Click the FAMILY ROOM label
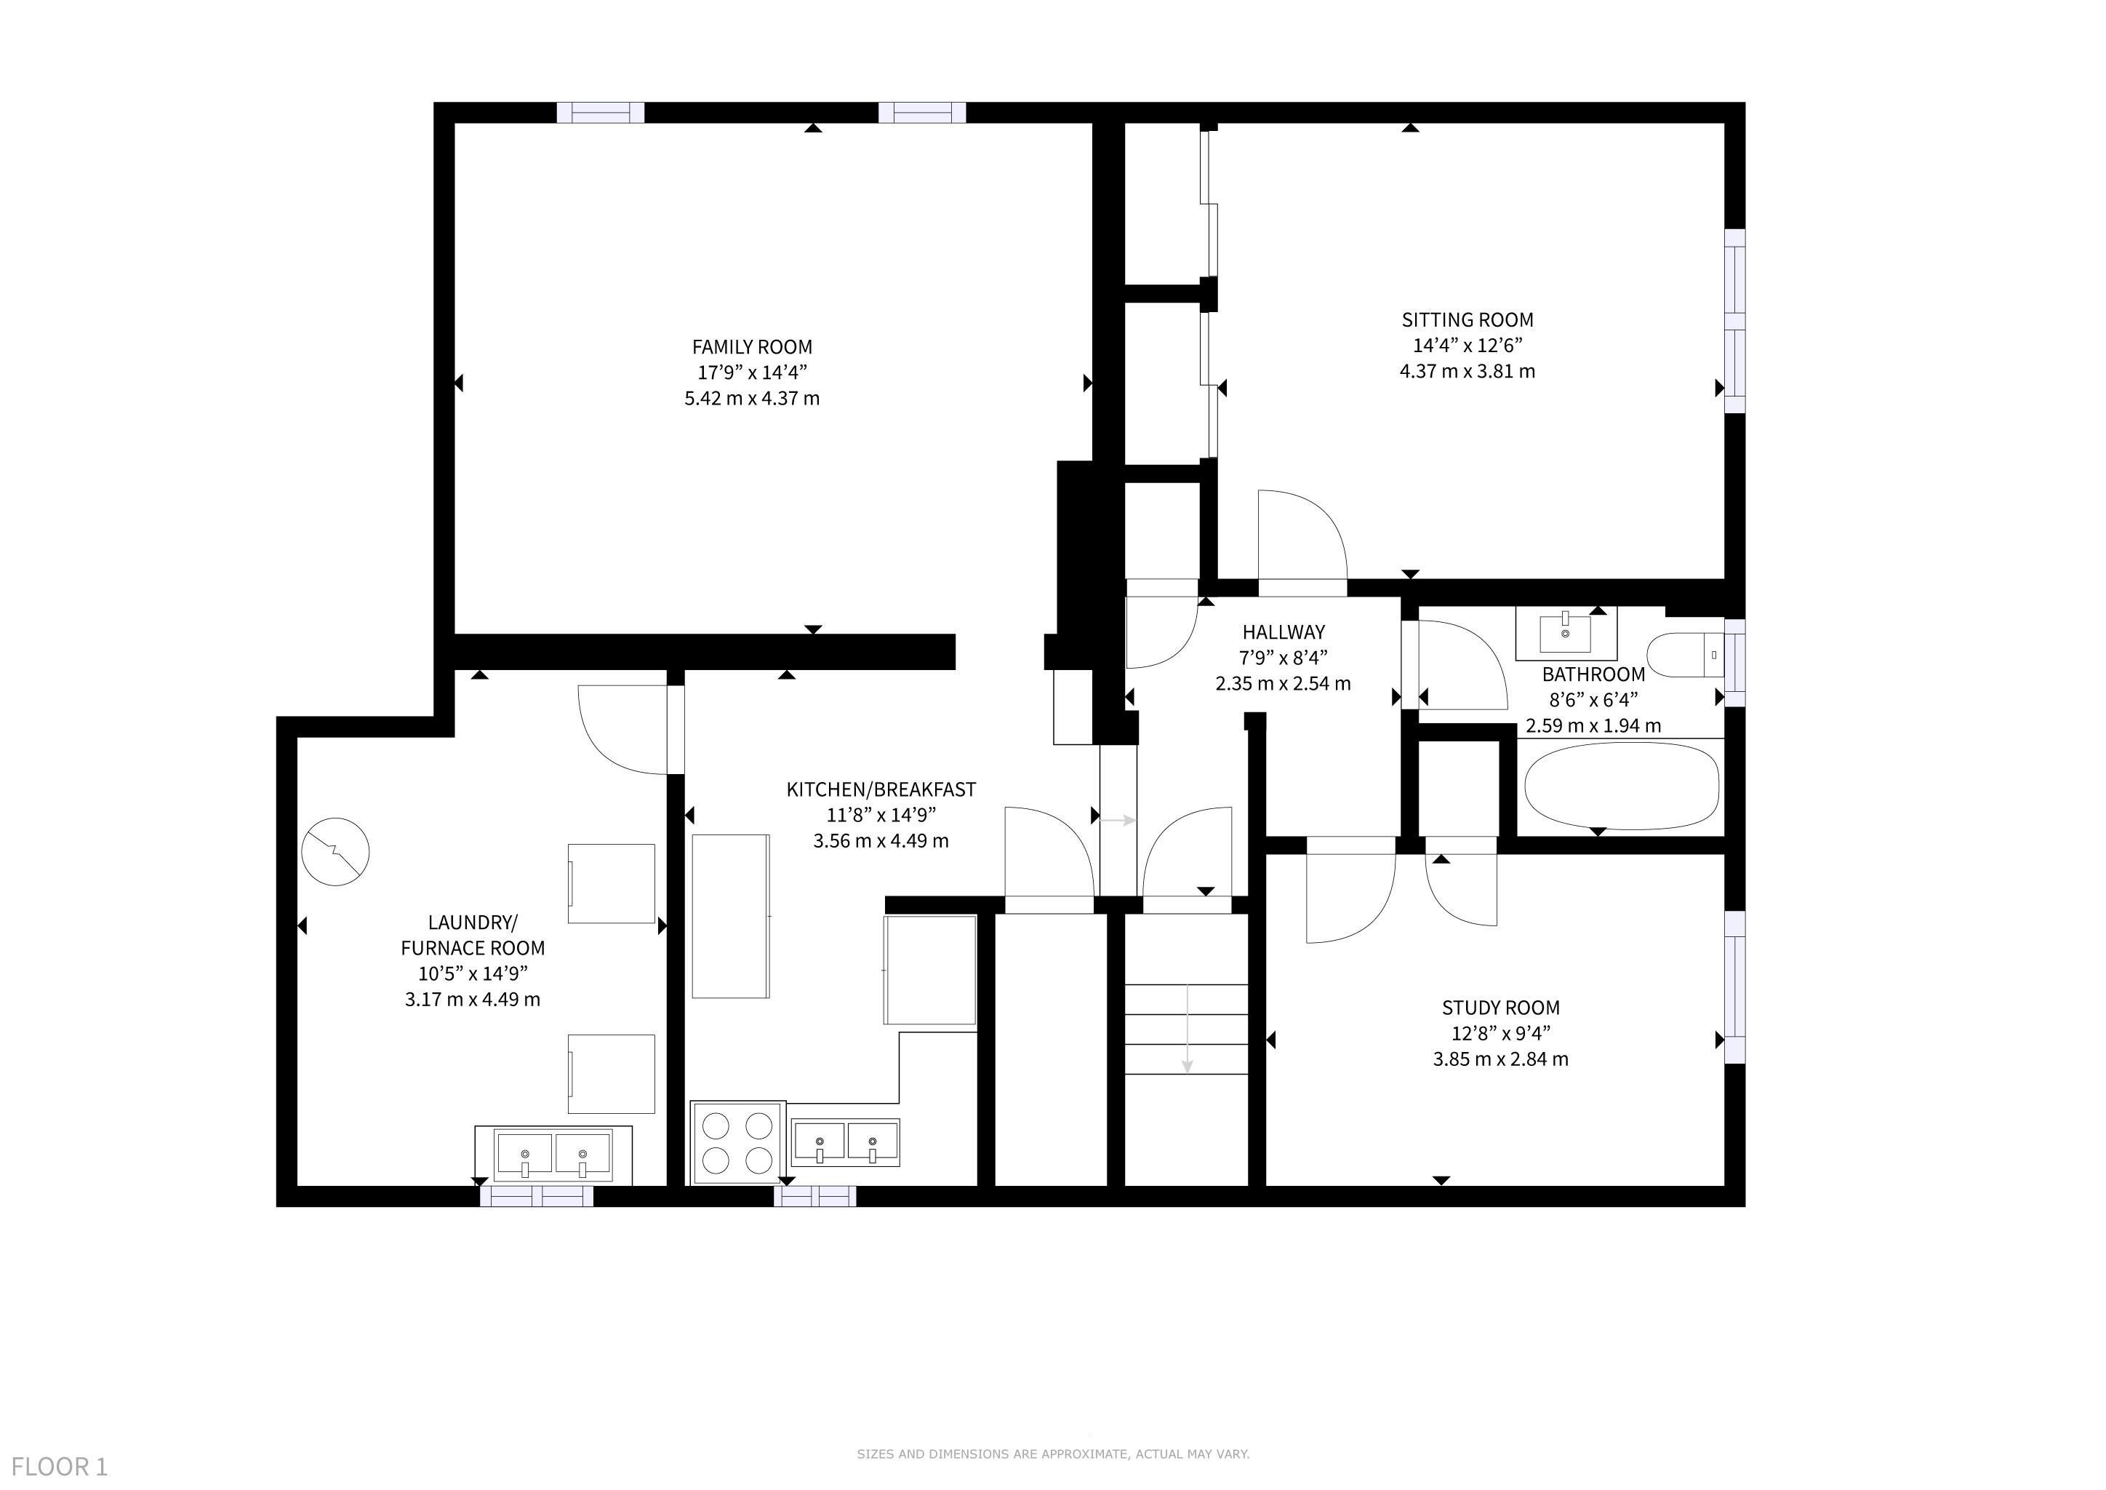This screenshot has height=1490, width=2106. (x=751, y=347)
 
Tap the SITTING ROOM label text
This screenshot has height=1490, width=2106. (x=1468, y=320)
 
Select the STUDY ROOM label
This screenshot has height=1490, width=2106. (x=1501, y=1008)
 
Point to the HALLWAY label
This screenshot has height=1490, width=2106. (x=1284, y=632)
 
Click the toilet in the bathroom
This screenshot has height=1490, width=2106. (x=1686, y=655)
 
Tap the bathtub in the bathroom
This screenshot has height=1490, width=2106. (x=1621, y=786)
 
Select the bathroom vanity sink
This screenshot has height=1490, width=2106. (x=1565, y=633)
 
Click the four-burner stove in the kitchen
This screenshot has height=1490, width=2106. (x=737, y=1142)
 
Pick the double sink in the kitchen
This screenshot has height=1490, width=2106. (x=846, y=1142)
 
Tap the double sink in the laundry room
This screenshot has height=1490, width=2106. (x=553, y=1154)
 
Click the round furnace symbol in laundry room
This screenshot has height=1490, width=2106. (x=336, y=851)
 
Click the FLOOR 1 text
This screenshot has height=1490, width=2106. (x=60, y=1466)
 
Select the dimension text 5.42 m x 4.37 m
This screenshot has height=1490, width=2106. (x=752, y=398)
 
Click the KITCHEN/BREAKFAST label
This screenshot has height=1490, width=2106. (x=881, y=789)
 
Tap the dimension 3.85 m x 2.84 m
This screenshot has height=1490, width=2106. (x=1501, y=1059)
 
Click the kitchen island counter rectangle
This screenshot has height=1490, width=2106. (x=730, y=916)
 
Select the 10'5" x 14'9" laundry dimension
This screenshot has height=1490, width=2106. (x=473, y=973)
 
